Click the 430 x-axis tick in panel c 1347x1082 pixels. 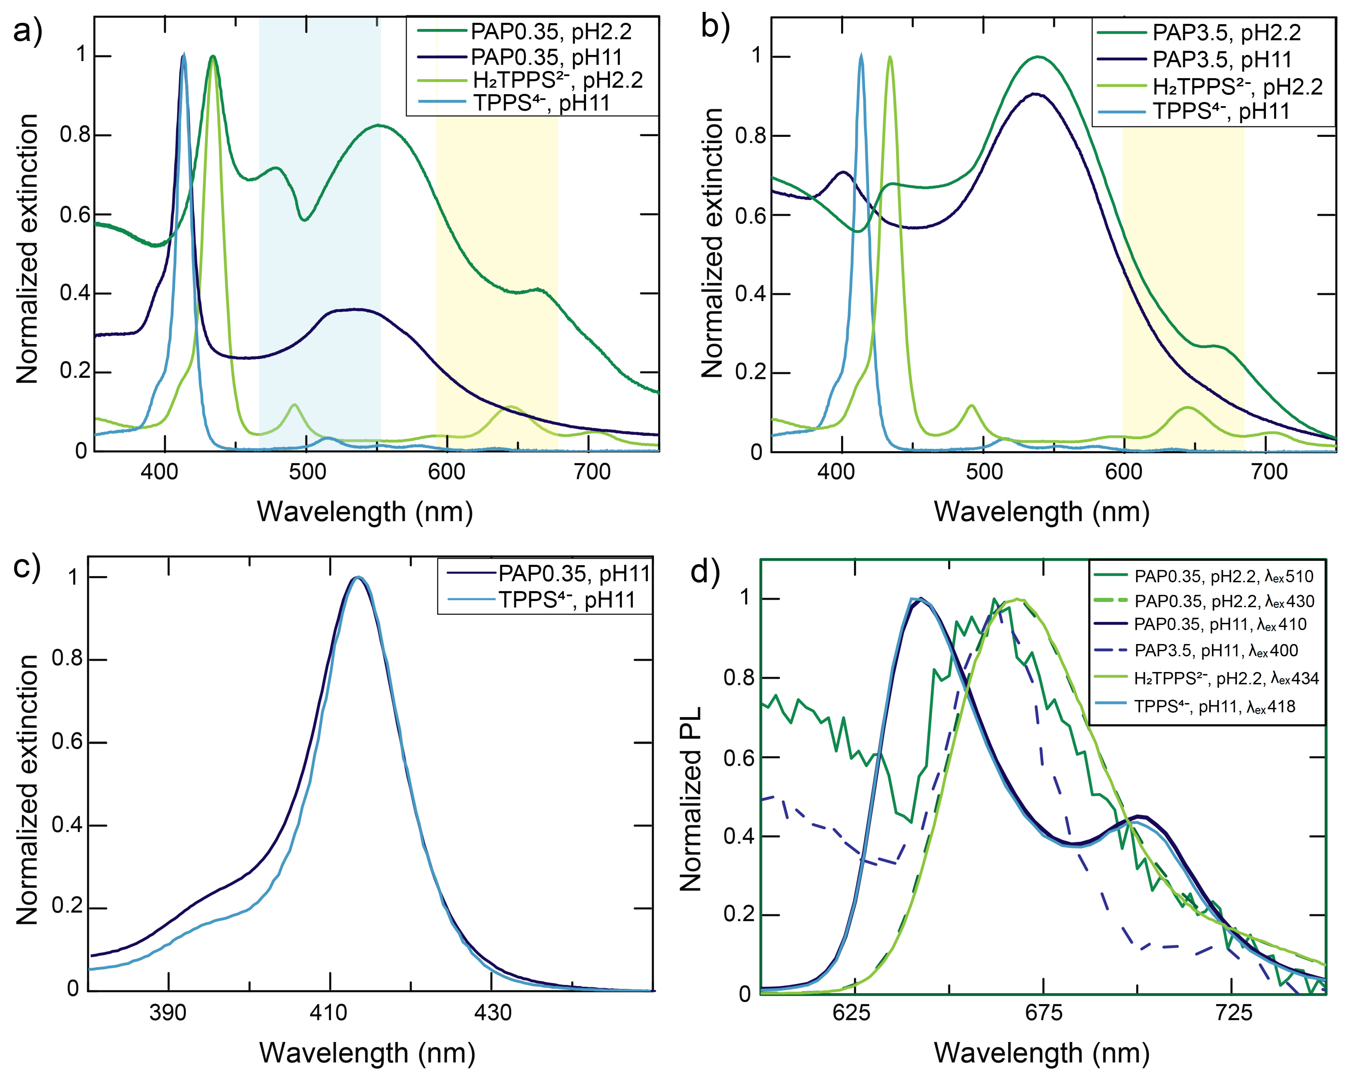coord(492,1012)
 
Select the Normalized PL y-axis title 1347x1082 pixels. coord(691,798)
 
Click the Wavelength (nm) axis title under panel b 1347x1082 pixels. coord(1041,512)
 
